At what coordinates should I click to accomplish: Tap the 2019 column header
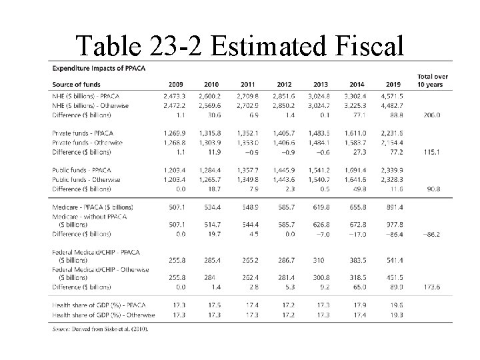[393, 84]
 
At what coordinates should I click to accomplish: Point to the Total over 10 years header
[432, 80]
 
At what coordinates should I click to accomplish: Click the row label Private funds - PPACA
[85, 133]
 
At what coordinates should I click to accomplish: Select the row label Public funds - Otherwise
[86, 180]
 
